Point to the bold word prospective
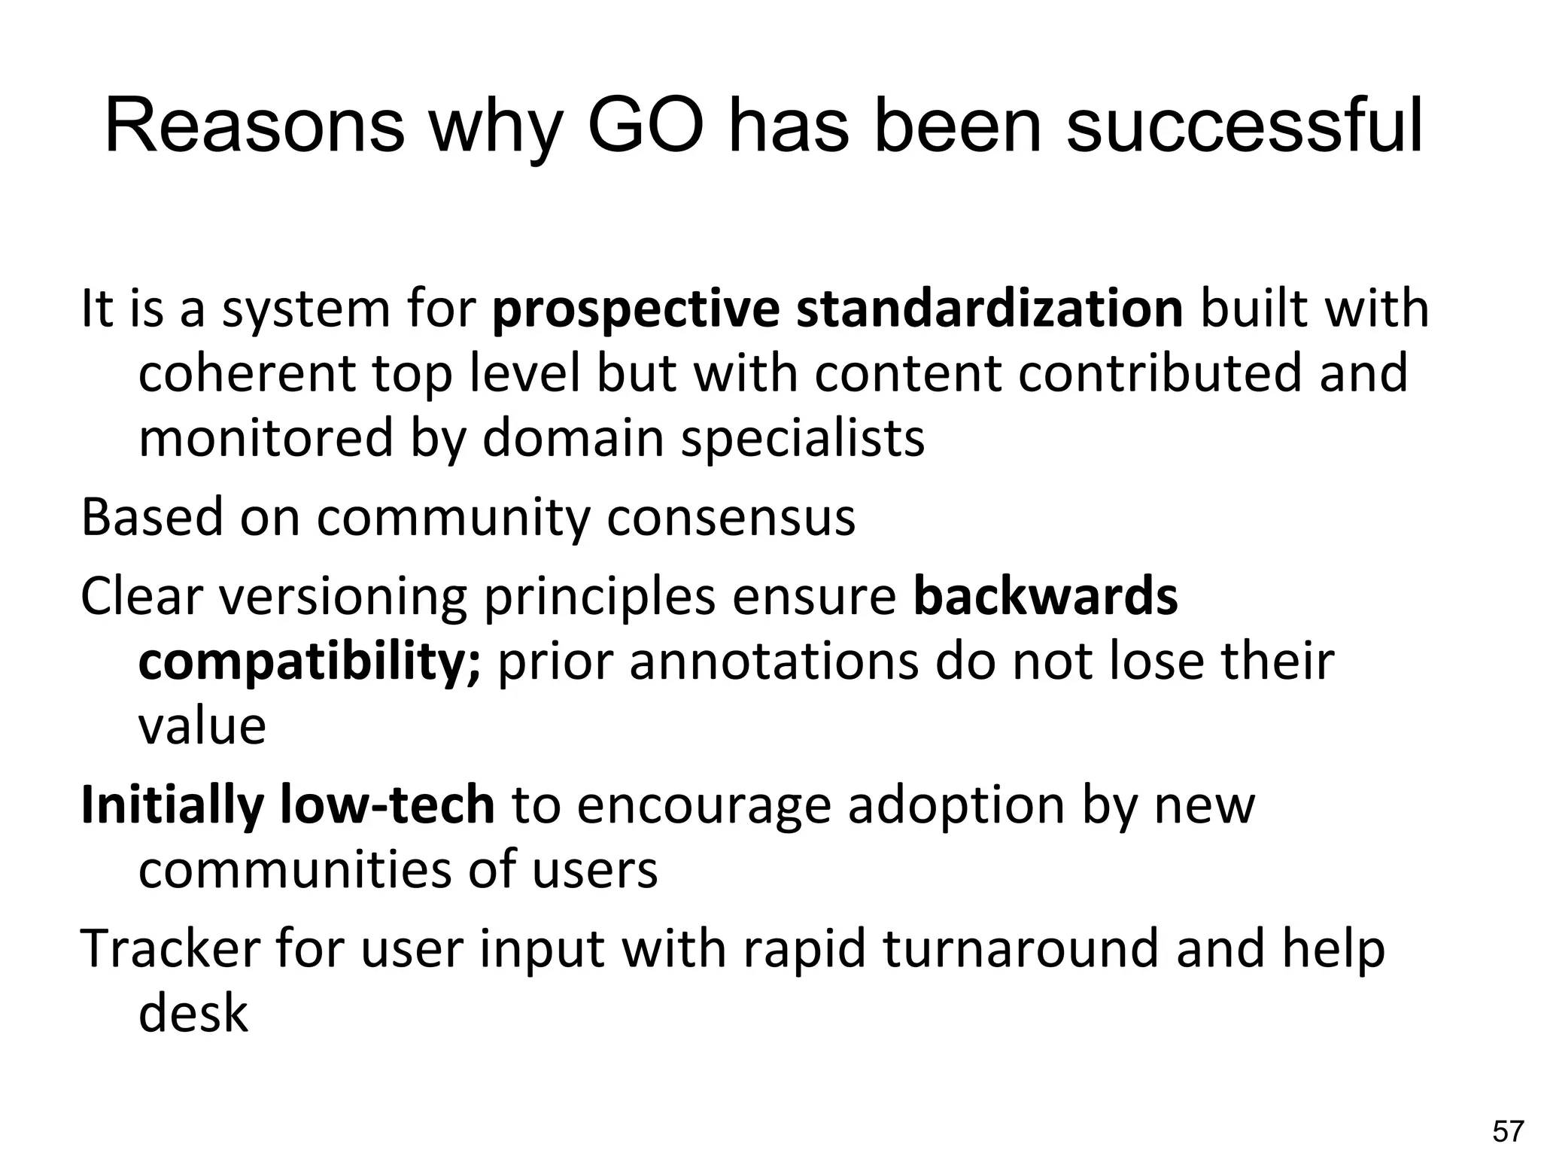(636, 309)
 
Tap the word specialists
(802, 438)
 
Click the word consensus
(731, 518)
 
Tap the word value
(202, 726)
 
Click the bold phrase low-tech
(387, 805)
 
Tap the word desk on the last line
(193, 1013)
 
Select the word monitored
(266, 438)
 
